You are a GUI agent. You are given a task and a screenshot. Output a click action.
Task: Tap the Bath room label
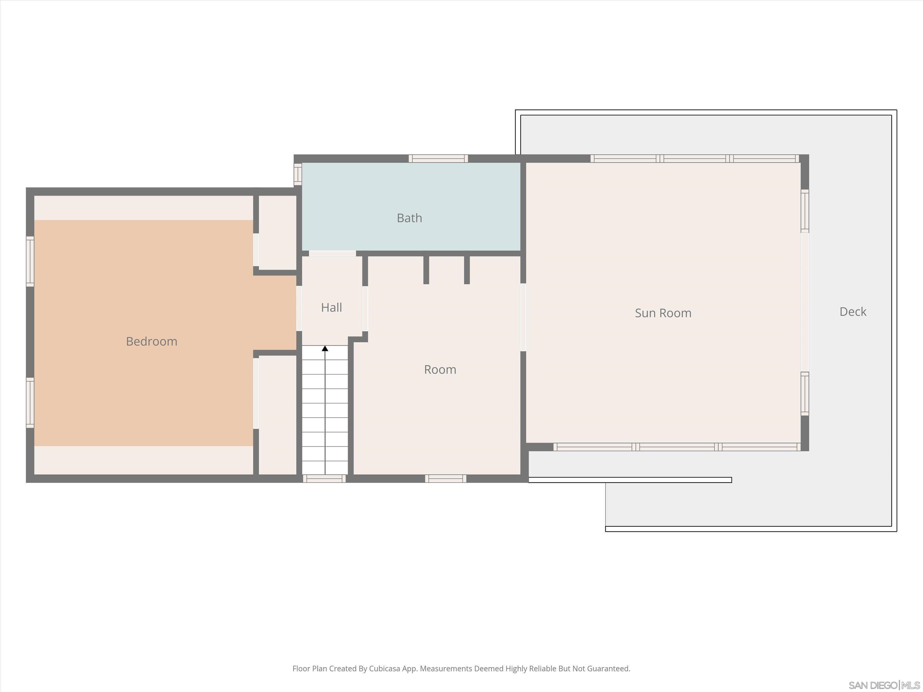[x=409, y=218]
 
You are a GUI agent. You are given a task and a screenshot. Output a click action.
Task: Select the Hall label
[x=331, y=308]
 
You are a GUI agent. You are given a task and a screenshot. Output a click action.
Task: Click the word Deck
[x=853, y=312]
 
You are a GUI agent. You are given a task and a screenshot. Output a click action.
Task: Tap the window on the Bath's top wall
[x=438, y=158]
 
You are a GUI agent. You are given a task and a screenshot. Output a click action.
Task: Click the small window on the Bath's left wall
[x=298, y=174]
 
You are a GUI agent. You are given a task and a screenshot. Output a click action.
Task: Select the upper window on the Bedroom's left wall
[x=30, y=261]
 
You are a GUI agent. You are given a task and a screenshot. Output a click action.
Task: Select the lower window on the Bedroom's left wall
[x=30, y=403]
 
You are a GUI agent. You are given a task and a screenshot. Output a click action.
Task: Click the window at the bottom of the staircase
[x=324, y=479]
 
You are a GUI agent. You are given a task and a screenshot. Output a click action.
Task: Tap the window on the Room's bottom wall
[x=446, y=479]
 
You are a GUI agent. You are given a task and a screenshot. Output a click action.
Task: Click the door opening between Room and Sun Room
[x=523, y=317]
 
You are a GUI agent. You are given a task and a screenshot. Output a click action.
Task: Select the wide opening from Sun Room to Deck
[x=805, y=302]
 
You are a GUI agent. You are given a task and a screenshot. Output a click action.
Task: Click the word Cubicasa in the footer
[x=384, y=669]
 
